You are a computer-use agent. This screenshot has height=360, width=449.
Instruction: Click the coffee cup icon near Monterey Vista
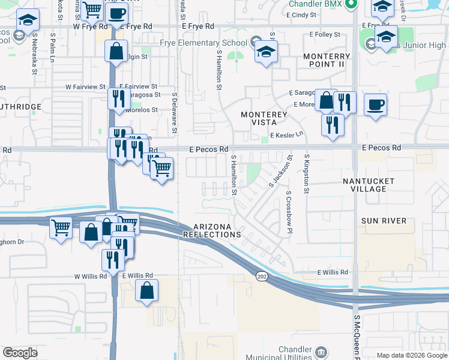pos(375,105)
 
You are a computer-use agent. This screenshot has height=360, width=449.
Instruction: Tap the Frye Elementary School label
pos(203,43)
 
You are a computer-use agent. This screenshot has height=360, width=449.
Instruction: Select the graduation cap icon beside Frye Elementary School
pos(266,52)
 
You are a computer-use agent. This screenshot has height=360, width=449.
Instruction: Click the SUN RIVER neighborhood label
pos(384,221)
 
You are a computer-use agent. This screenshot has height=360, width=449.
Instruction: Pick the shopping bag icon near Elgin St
pos(116,51)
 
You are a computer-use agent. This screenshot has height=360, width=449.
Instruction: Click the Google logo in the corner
pos(20,353)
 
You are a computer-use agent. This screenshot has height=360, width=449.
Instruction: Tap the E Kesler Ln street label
pos(287,136)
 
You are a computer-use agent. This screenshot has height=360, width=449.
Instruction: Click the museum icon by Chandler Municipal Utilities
pos(322,351)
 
